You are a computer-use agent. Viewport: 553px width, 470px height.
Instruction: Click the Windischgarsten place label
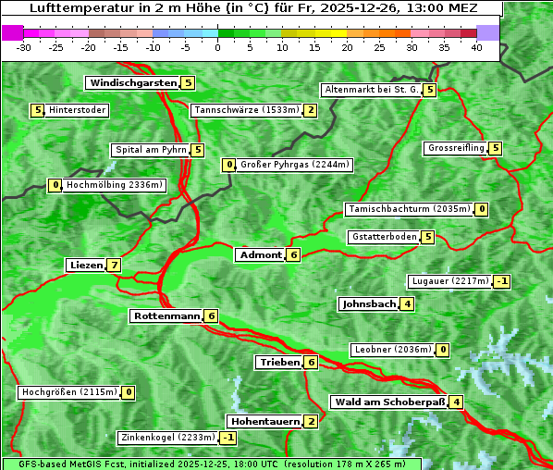click(132, 83)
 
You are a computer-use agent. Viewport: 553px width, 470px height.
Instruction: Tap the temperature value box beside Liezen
click(114, 266)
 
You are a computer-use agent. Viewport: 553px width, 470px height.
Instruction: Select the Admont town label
click(260, 255)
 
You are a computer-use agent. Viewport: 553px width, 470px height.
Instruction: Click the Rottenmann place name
click(166, 316)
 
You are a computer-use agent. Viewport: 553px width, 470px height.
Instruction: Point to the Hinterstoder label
click(78, 111)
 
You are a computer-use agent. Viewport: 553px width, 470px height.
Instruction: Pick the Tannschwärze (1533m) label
click(246, 111)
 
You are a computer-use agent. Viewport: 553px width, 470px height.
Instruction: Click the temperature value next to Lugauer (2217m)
click(502, 281)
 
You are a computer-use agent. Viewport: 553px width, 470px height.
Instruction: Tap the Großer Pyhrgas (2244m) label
click(295, 166)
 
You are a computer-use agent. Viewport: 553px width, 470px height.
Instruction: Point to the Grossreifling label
click(456, 148)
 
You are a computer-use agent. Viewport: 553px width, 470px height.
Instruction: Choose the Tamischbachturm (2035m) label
click(408, 209)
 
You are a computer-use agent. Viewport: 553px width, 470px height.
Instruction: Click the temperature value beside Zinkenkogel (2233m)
click(227, 438)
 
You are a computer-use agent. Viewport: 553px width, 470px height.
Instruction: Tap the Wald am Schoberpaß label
click(388, 402)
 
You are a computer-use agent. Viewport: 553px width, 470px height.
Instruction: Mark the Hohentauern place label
click(265, 422)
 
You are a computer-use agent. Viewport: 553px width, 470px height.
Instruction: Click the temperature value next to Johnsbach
click(408, 304)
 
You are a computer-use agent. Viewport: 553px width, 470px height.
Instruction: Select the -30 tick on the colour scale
click(24, 48)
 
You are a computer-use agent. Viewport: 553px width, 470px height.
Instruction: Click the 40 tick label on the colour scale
click(476, 48)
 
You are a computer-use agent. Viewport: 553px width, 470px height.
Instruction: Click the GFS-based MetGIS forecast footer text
click(211, 464)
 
